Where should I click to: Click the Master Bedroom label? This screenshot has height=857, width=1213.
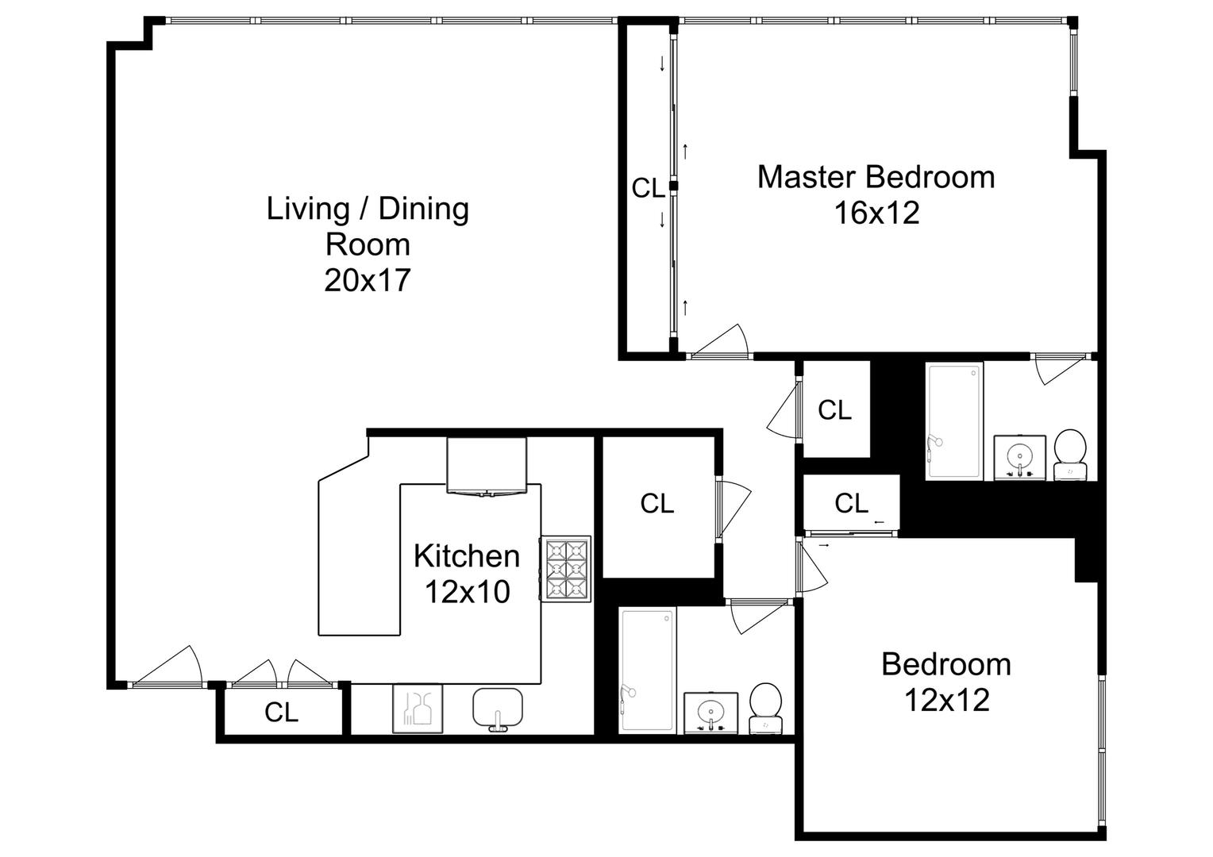click(876, 177)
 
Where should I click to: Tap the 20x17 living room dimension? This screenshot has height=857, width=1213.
click(367, 280)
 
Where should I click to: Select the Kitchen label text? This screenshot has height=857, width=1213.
click(467, 556)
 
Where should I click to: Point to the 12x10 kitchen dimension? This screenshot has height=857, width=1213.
click(467, 592)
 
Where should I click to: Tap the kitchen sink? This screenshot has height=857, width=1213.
click(498, 709)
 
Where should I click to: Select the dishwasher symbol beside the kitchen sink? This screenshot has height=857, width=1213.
click(418, 709)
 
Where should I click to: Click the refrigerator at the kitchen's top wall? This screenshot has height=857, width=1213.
click(487, 466)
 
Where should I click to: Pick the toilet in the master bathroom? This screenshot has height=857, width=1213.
click(1070, 454)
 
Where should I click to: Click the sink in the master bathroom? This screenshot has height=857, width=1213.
click(1019, 458)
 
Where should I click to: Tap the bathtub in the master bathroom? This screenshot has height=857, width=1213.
click(954, 421)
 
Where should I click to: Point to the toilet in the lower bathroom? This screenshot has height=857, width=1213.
click(766, 708)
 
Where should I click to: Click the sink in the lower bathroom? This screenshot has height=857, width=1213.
click(710, 713)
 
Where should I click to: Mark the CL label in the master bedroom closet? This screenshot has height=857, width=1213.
click(648, 188)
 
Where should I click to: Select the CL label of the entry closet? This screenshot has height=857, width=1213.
click(281, 713)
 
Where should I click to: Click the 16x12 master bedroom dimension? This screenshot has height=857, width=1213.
click(876, 213)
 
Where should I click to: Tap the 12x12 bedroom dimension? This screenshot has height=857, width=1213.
click(947, 700)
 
